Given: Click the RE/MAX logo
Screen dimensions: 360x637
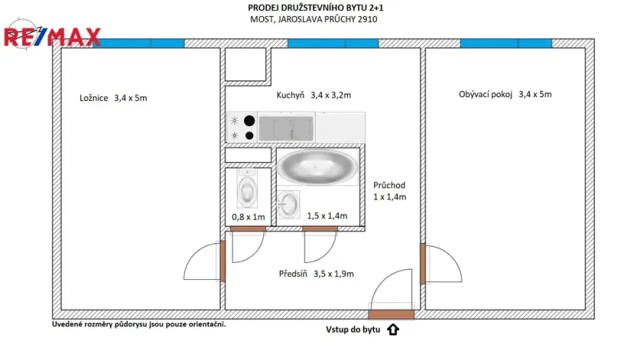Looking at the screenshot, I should (52, 35).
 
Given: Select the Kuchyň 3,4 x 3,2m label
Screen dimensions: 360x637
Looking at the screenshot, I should (313, 95).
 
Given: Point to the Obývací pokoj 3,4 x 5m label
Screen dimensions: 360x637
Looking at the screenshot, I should (505, 95).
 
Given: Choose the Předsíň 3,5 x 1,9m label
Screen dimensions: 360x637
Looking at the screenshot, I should (316, 273).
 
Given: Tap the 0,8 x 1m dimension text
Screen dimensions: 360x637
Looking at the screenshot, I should (248, 217).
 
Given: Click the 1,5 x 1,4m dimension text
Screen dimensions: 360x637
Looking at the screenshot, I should (327, 216).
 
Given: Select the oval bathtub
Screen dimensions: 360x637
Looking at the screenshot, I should (316, 167).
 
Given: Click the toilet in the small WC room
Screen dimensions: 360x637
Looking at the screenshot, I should (248, 188).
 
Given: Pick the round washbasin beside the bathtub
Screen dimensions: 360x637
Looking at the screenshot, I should (288, 205).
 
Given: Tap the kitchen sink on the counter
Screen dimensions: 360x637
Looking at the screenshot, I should (285, 126).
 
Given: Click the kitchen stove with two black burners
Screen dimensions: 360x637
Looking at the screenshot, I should (242, 128).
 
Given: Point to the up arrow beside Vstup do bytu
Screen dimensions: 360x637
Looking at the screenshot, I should (393, 330).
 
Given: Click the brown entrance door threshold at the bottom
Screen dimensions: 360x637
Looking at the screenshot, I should (391, 314).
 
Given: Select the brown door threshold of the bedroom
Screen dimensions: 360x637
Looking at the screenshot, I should (222, 261).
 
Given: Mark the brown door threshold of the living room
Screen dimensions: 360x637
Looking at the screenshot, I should (422, 263).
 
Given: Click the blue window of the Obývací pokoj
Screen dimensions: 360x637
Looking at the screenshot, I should (505, 44).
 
